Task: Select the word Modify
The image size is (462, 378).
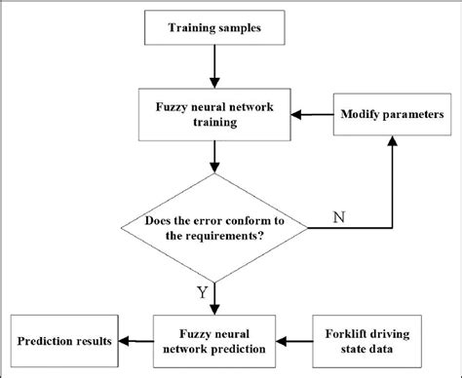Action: point(359,115)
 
